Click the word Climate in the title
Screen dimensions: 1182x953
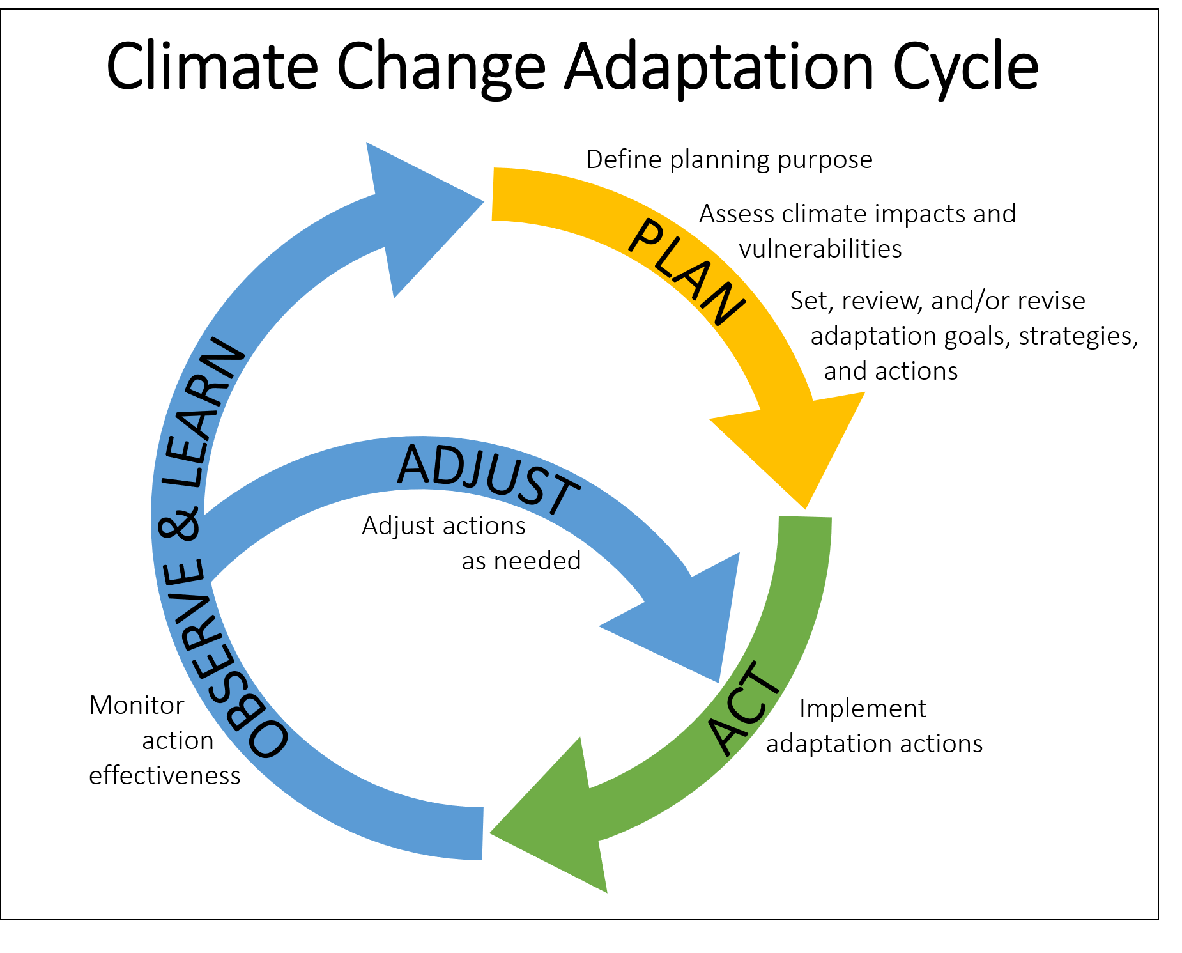tap(212, 66)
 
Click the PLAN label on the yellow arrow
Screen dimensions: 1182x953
tap(687, 272)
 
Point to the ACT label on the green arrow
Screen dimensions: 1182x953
tap(744, 708)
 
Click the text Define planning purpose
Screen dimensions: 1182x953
tap(729, 160)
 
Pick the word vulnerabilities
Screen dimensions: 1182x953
tap(820, 249)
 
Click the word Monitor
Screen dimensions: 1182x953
tap(137, 706)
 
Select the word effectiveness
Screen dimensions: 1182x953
tap(165, 775)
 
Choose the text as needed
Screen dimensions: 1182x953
tap(521, 561)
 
